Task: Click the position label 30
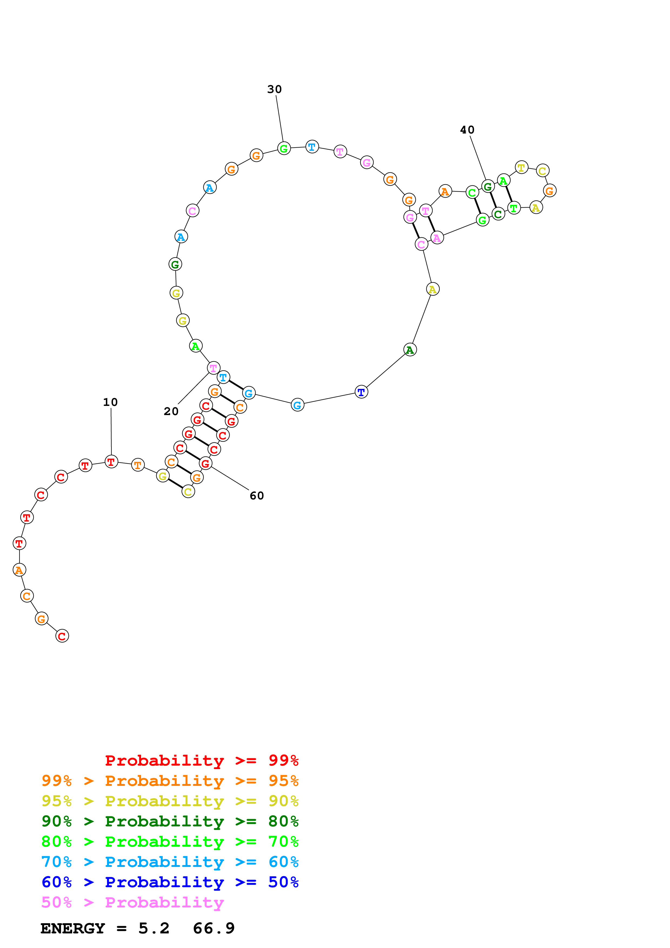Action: point(275,89)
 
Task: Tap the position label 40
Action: point(467,130)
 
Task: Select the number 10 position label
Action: point(110,402)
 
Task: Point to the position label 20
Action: point(171,411)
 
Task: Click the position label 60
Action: point(257,495)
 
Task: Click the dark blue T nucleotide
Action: point(361,392)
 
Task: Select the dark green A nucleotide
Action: point(410,350)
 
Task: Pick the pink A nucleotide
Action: point(437,238)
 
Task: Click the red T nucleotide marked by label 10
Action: point(111,462)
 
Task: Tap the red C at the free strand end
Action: point(62,636)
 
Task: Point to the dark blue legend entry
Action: point(170,882)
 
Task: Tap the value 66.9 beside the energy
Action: point(214,928)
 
